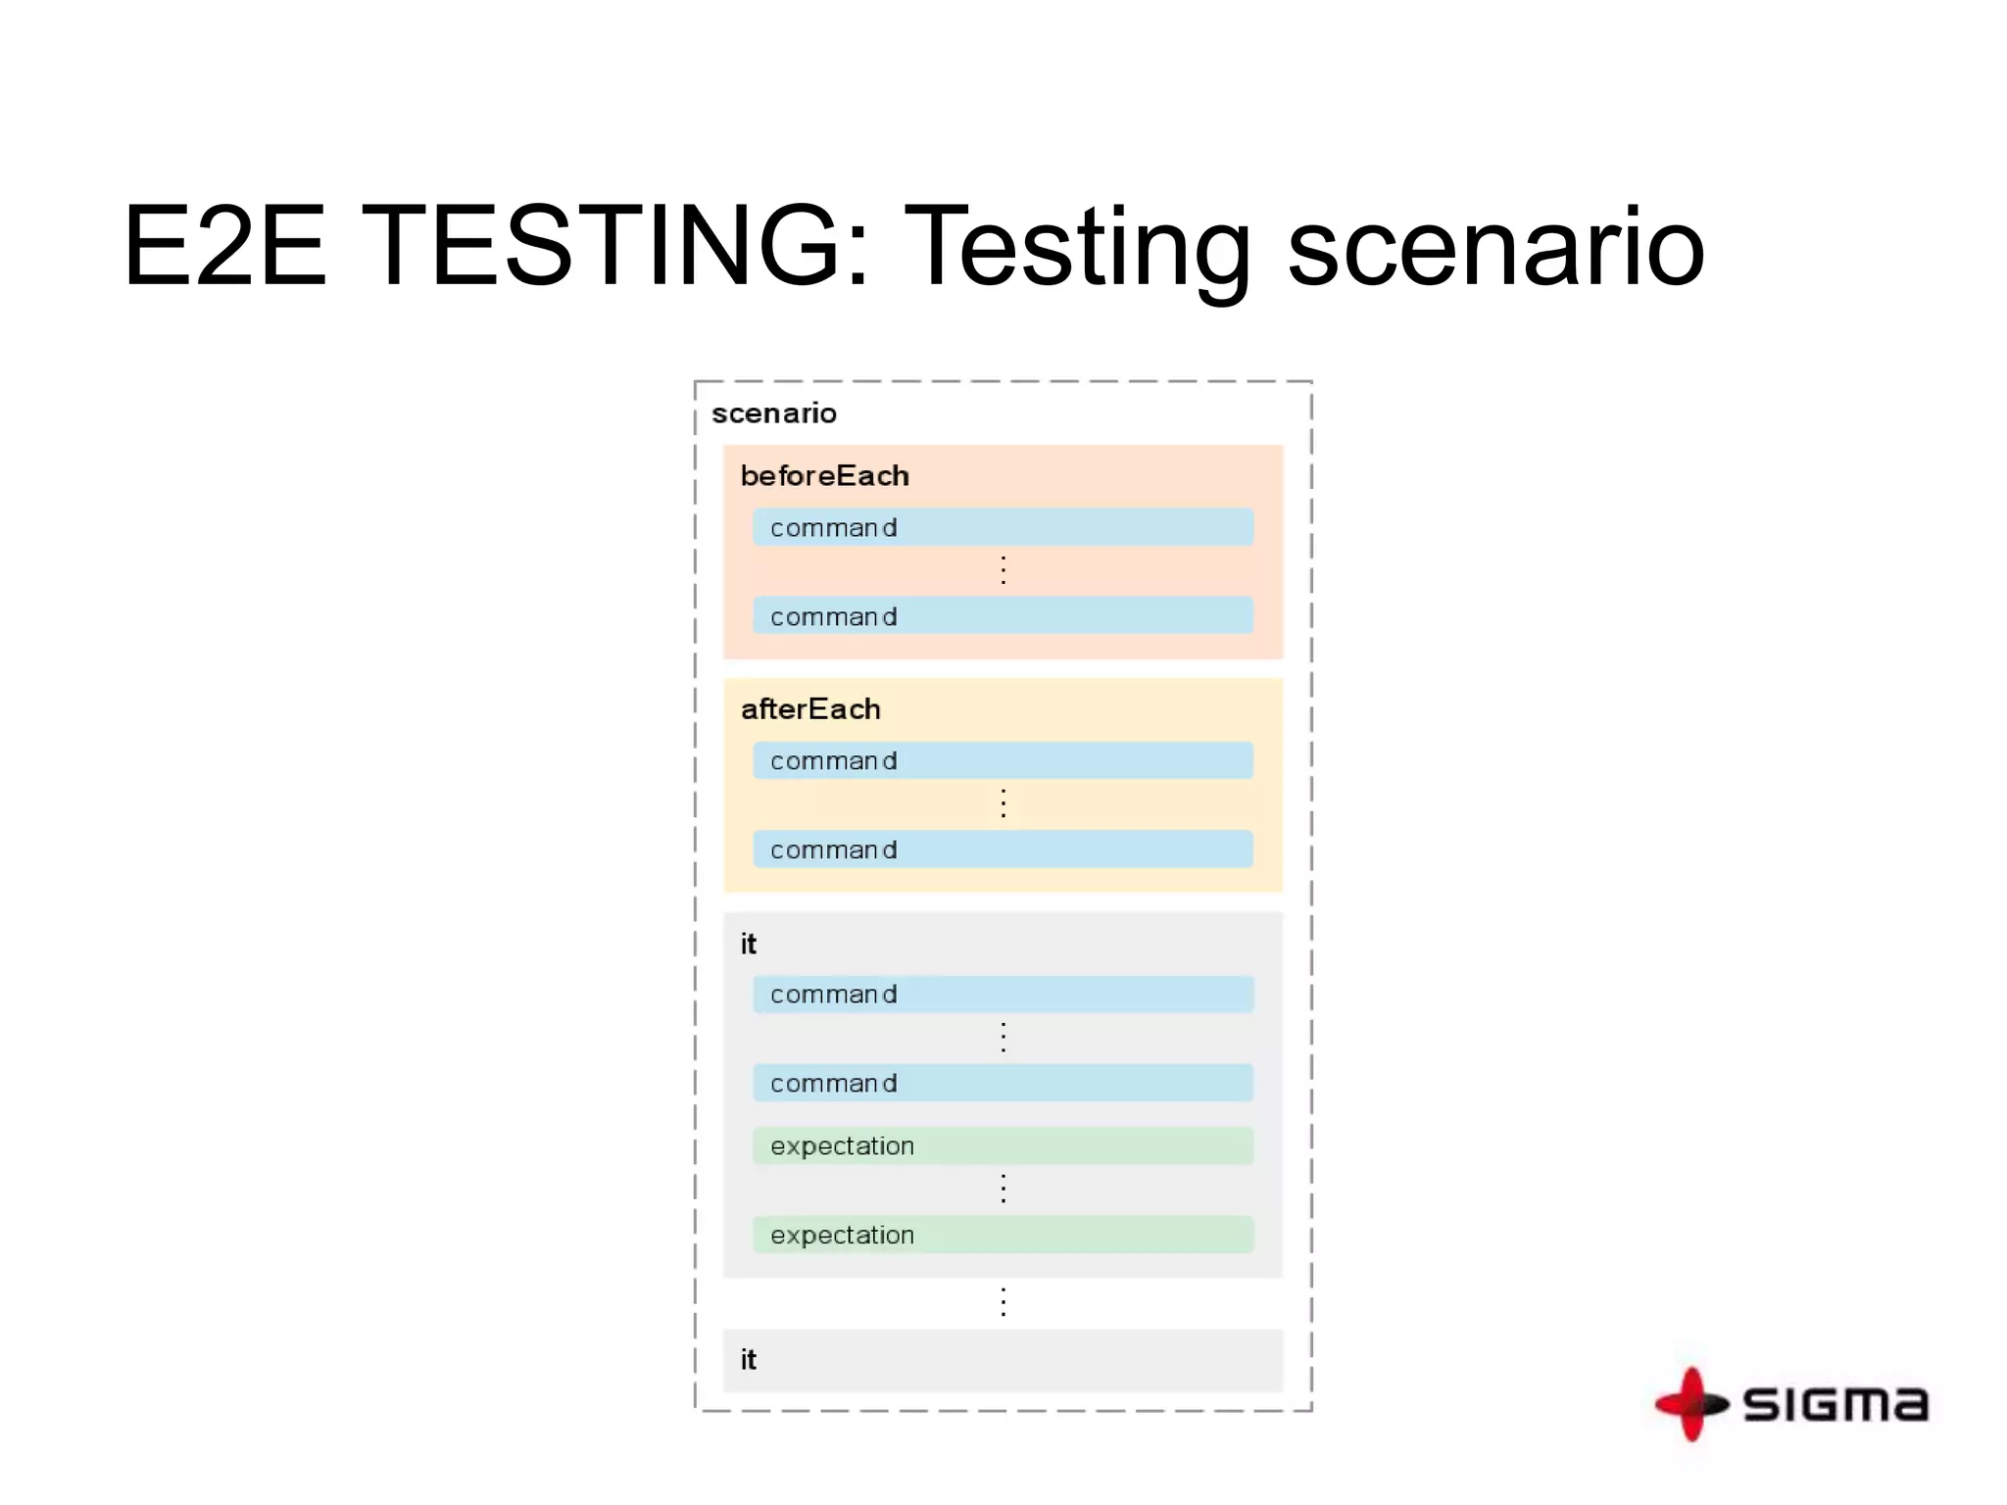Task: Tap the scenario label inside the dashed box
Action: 774,413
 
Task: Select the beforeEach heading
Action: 825,476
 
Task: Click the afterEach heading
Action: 810,709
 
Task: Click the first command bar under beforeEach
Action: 1003,527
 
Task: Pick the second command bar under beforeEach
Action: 1003,616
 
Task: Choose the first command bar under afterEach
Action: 1003,760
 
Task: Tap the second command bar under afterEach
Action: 1003,850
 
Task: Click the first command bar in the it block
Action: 1003,995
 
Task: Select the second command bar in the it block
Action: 1003,1083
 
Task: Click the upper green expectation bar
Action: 1003,1146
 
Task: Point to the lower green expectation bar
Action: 1003,1235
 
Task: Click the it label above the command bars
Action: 749,945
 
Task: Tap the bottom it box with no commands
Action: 1003,1360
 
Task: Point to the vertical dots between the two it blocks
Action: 1003,1302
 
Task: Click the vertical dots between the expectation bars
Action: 1003,1189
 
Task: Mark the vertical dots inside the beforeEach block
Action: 1003,570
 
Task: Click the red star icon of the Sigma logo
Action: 1691,1404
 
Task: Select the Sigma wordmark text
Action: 1836,1404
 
